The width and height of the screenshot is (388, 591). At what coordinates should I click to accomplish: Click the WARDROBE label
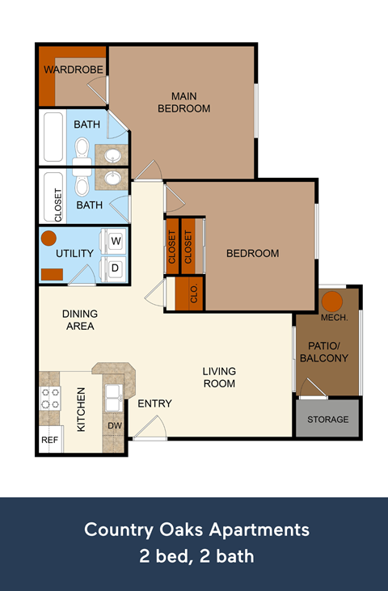click(74, 70)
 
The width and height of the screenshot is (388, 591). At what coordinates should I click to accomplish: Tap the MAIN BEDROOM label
click(183, 102)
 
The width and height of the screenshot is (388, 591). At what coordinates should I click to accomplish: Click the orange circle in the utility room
click(49, 239)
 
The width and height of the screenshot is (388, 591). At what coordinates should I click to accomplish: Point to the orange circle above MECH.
click(333, 302)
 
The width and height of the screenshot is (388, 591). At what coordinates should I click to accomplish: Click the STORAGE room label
click(327, 420)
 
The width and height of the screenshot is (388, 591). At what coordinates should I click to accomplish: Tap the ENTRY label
click(154, 403)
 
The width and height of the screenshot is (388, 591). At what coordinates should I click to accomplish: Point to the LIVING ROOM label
click(218, 377)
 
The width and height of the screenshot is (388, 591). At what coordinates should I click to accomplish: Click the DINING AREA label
click(80, 320)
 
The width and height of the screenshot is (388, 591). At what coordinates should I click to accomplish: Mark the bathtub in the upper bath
click(53, 137)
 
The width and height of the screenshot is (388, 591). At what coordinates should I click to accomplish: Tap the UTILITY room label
click(74, 253)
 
